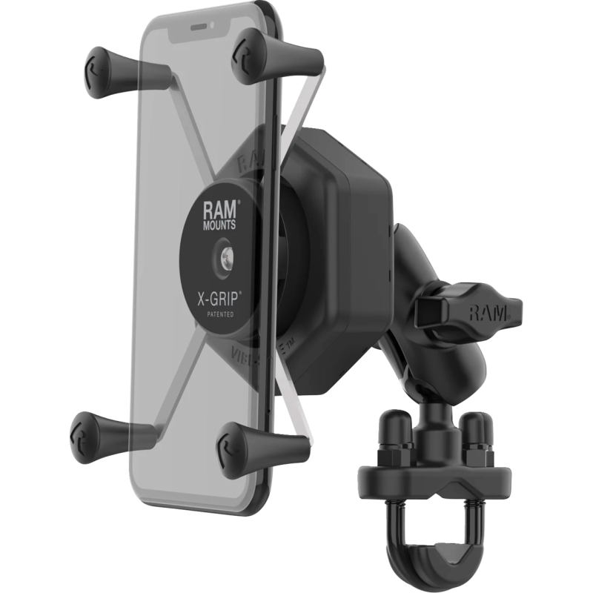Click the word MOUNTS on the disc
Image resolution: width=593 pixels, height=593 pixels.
pos(219,222)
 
